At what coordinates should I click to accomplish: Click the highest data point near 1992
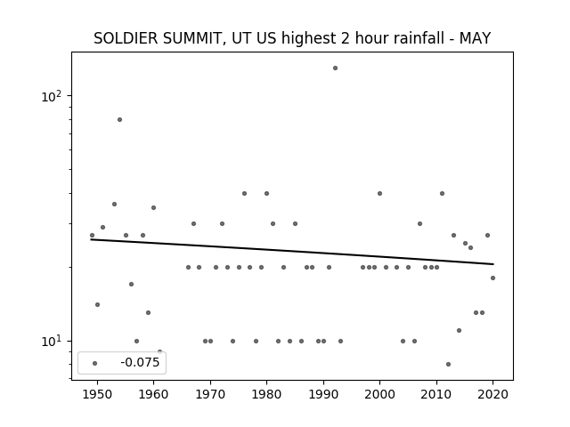pyautogui.click(x=335, y=68)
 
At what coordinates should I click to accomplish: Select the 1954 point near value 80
pyautogui.click(x=119, y=119)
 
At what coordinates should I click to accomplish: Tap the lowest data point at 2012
pyautogui.click(x=448, y=364)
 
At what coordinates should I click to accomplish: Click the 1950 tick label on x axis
pyautogui.click(x=97, y=394)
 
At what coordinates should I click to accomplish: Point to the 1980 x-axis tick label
pyautogui.click(x=266, y=394)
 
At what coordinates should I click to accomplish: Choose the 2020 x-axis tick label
pyautogui.click(x=493, y=394)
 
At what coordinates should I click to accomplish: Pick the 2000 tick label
pyautogui.click(x=379, y=394)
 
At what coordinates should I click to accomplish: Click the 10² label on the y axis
pyautogui.click(x=52, y=97)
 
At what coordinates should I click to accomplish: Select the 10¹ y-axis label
pyautogui.click(x=52, y=342)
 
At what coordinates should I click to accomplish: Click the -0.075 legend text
pyautogui.click(x=140, y=362)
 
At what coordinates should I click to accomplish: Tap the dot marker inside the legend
pyautogui.click(x=95, y=363)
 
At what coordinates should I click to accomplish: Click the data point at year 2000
pyautogui.click(x=379, y=194)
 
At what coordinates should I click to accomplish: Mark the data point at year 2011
pyautogui.click(x=442, y=194)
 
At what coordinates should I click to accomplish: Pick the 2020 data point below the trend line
pyautogui.click(x=493, y=278)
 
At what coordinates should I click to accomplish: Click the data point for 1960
pyautogui.click(x=153, y=207)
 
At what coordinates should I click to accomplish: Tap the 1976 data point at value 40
pyautogui.click(x=244, y=194)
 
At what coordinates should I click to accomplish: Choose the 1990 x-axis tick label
pyautogui.click(x=323, y=394)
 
